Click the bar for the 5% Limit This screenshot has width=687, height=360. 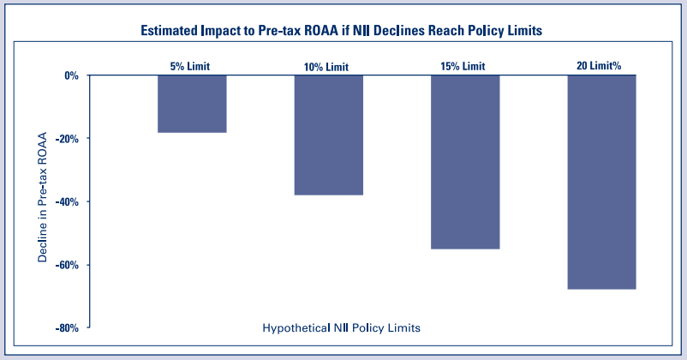(x=192, y=104)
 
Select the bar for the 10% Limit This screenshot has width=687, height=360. (x=328, y=135)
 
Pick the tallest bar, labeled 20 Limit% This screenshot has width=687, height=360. (x=601, y=182)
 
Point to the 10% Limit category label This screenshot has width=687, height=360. (x=328, y=67)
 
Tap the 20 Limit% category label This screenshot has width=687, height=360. (x=601, y=65)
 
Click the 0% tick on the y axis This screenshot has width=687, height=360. (x=71, y=75)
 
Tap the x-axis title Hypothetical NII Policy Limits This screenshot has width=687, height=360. (x=341, y=327)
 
